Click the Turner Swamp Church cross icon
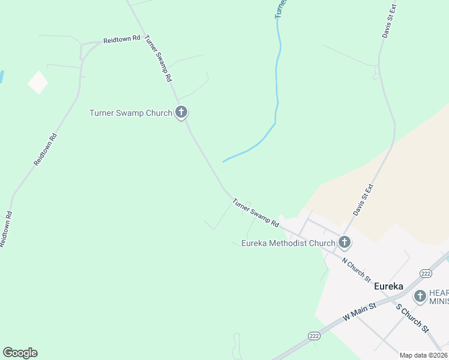tap(181, 112)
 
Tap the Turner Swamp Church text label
tap(131, 112)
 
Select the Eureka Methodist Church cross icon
tap(344, 242)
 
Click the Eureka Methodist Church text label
tap(288, 243)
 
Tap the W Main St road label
tap(359, 314)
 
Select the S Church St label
tap(412, 318)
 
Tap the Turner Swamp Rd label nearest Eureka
tap(256, 213)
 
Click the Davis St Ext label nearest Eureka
tap(363, 200)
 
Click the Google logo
tap(20, 353)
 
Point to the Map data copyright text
tap(423, 355)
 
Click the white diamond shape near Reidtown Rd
tap(38, 82)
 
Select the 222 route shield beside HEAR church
tap(426, 273)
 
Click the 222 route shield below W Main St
tap(313, 337)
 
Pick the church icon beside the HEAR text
tap(420, 296)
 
